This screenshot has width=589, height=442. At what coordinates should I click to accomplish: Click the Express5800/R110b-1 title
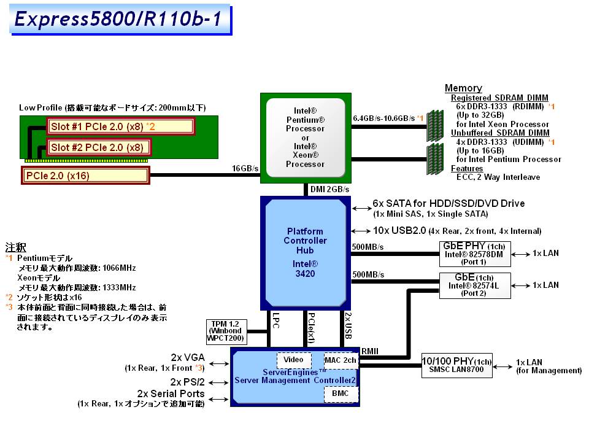(120, 20)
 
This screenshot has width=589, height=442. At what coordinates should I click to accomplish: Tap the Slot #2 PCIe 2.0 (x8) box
(98, 147)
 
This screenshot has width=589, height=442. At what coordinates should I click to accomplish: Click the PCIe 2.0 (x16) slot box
(86, 176)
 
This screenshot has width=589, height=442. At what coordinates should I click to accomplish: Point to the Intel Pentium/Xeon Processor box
(305, 138)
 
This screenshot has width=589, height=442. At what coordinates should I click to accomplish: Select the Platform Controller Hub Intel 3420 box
(306, 245)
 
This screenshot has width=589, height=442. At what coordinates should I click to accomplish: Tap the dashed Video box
(294, 359)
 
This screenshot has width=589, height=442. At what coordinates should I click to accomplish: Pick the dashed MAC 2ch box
(341, 359)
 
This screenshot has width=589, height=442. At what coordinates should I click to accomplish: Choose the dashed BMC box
(341, 393)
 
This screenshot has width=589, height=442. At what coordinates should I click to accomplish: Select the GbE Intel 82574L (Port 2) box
(474, 285)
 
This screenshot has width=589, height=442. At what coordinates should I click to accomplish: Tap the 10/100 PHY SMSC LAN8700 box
(457, 365)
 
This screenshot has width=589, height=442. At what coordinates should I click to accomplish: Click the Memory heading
(463, 88)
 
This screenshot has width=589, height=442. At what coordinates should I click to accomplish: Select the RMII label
(369, 351)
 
